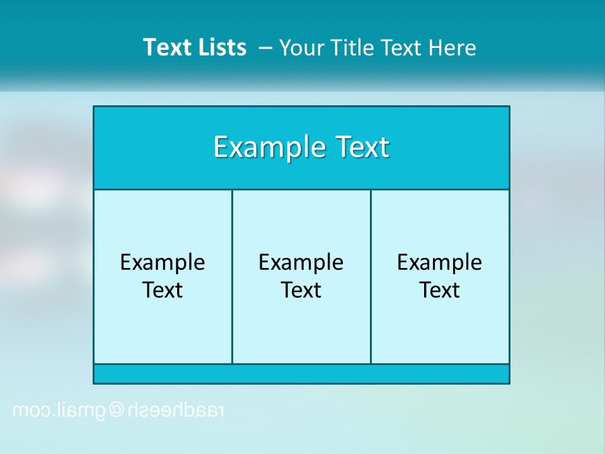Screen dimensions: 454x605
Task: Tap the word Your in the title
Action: tap(300, 48)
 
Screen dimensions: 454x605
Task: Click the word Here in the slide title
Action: tap(452, 48)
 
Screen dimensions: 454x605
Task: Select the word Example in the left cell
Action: tap(163, 262)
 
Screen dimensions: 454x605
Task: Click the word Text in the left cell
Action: tap(163, 290)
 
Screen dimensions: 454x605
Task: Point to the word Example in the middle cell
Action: tap(301, 262)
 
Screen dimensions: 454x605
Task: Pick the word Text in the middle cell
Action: tap(301, 290)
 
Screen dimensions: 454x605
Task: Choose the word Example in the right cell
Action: tap(440, 262)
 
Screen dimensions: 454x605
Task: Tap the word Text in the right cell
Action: tap(440, 290)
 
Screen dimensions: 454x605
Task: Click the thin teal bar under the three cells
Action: tap(301, 374)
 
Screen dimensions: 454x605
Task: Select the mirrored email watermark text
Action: tap(118, 411)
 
